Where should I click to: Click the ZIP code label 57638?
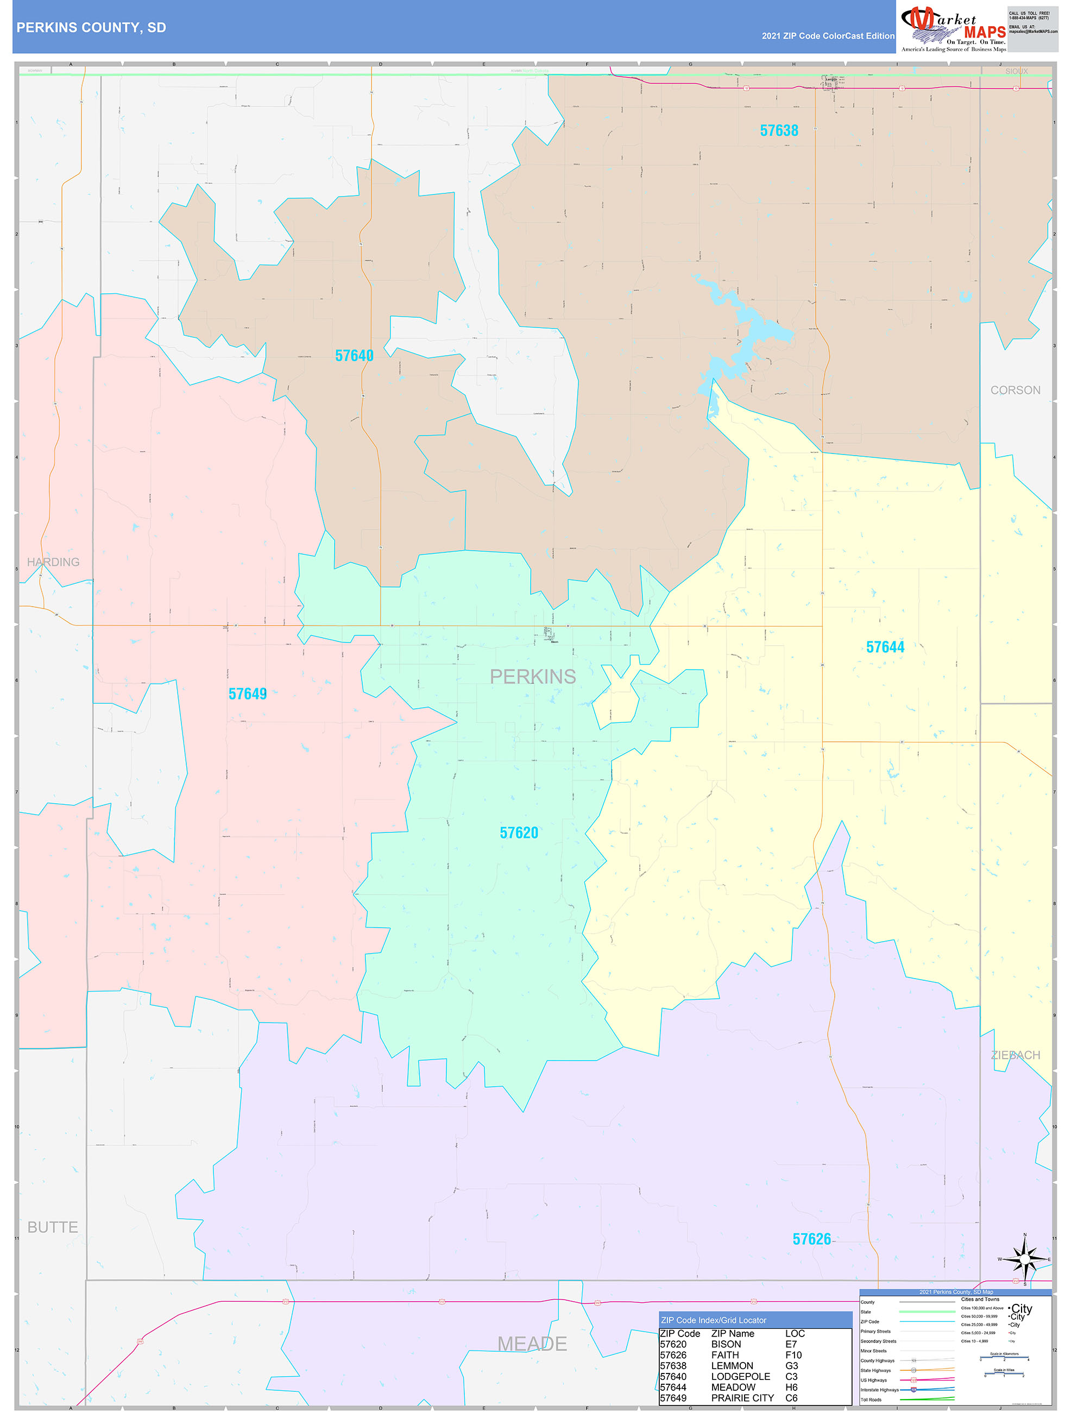(x=778, y=131)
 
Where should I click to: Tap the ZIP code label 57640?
(x=354, y=356)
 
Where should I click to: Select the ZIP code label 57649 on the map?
(x=247, y=694)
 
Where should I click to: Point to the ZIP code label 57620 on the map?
(x=519, y=833)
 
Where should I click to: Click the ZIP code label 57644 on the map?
(x=885, y=647)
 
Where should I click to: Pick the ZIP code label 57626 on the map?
(x=811, y=1239)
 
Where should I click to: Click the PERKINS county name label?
(x=532, y=677)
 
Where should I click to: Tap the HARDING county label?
(x=53, y=562)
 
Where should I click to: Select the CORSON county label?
(x=1015, y=390)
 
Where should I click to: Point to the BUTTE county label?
(x=52, y=1227)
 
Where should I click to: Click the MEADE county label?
(x=532, y=1344)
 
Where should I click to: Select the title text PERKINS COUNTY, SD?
(x=91, y=28)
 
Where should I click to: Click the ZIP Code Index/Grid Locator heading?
(x=713, y=1320)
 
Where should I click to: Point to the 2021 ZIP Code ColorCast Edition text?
(x=828, y=36)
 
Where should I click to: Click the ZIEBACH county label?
(x=1015, y=1055)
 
